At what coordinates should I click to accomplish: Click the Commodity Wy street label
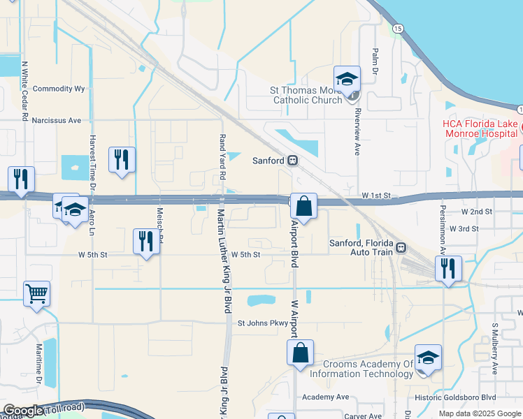(59, 89)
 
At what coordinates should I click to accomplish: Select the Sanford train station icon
(293, 161)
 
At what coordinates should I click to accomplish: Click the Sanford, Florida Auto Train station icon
(401, 247)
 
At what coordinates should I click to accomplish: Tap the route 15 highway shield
(397, 28)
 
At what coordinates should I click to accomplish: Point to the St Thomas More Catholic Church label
(306, 95)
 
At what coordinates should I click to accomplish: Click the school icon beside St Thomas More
(346, 80)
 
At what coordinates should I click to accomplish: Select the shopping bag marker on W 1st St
(303, 206)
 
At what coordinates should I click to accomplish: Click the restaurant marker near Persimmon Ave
(447, 267)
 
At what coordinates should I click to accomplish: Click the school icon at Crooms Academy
(427, 358)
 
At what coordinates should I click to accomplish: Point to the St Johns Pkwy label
(262, 323)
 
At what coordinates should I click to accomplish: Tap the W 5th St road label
(245, 255)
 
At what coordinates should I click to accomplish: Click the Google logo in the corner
(22, 411)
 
